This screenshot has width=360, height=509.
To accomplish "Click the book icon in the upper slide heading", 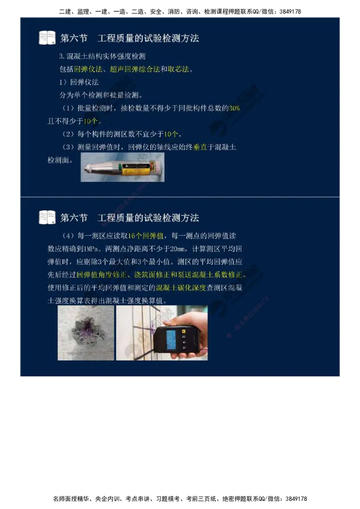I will coord(47,37).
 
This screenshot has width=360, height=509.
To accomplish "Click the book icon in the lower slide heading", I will coord(47,217).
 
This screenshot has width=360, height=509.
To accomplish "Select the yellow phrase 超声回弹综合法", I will coord(135,69).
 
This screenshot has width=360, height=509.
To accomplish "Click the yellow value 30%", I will coord(234,108).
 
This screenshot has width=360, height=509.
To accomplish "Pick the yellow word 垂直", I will coord(200,147).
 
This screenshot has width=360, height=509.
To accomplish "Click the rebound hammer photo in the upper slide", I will coord(122,167).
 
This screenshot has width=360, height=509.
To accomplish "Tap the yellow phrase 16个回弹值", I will coord(146,236).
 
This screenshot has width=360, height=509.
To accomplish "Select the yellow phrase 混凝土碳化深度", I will coord(180,288).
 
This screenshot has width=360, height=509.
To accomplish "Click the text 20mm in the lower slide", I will coord(171,249).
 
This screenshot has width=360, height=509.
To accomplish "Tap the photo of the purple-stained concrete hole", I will coord(85,333).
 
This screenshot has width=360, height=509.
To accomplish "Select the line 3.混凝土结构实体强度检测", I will coord(102,57).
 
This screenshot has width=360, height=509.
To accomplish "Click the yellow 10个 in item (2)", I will coord(171,134).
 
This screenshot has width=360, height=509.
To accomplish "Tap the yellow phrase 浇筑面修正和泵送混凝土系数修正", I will coord(189,275).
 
